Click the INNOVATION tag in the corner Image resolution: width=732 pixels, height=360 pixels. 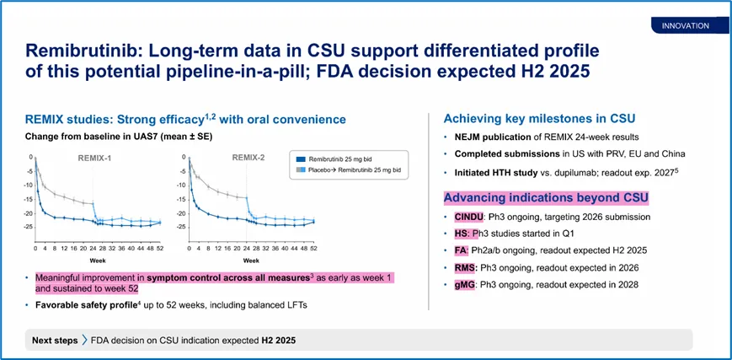(x=685, y=26)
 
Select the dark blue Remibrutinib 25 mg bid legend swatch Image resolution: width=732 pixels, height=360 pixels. (x=302, y=158)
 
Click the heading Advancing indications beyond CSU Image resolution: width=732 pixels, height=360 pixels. (x=546, y=198)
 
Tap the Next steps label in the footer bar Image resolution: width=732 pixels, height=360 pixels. (x=56, y=340)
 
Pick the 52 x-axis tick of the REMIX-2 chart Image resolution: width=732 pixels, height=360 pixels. (x=313, y=249)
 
